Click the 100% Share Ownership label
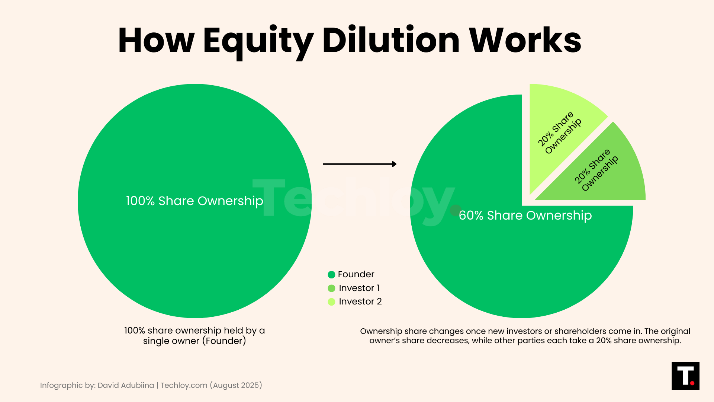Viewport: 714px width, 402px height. (x=194, y=201)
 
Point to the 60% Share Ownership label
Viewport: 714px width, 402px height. (x=525, y=216)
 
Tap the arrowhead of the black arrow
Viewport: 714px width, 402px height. (x=394, y=164)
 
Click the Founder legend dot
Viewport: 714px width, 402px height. (x=331, y=275)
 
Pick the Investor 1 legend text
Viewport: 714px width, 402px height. (x=359, y=288)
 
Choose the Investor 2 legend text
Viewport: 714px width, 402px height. (x=360, y=301)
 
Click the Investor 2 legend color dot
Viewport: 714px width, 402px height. (x=331, y=302)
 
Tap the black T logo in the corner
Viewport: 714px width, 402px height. (x=685, y=376)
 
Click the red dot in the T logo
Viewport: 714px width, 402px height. (x=692, y=383)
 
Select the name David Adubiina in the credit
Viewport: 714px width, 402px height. (x=126, y=385)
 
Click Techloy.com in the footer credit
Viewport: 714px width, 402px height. (x=184, y=385)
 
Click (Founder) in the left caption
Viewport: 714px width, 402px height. (x=224, y=341)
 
